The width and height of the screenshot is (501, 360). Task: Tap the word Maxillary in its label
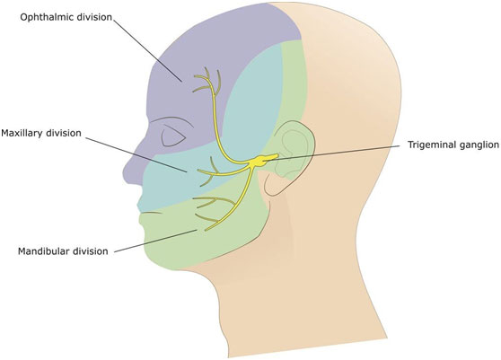pos(23,133)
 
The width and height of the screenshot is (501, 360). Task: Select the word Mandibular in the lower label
pos(44,251)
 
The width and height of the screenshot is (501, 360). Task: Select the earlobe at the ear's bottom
pos(271,189)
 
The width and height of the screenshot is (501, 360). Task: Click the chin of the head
pos(154,256)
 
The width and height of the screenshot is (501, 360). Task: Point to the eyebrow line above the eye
pos(171,120)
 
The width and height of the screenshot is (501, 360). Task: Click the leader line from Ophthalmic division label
pos(147,49)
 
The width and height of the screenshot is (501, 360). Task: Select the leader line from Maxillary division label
pos(136,155)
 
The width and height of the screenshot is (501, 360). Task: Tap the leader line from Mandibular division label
pos(155,241)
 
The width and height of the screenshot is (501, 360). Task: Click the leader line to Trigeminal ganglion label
pos(331,152)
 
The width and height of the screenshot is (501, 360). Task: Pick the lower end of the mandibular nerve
pos(207,229)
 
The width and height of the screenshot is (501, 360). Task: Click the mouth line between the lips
pos(151,212)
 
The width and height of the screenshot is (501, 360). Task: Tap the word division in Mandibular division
pos(91,251)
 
